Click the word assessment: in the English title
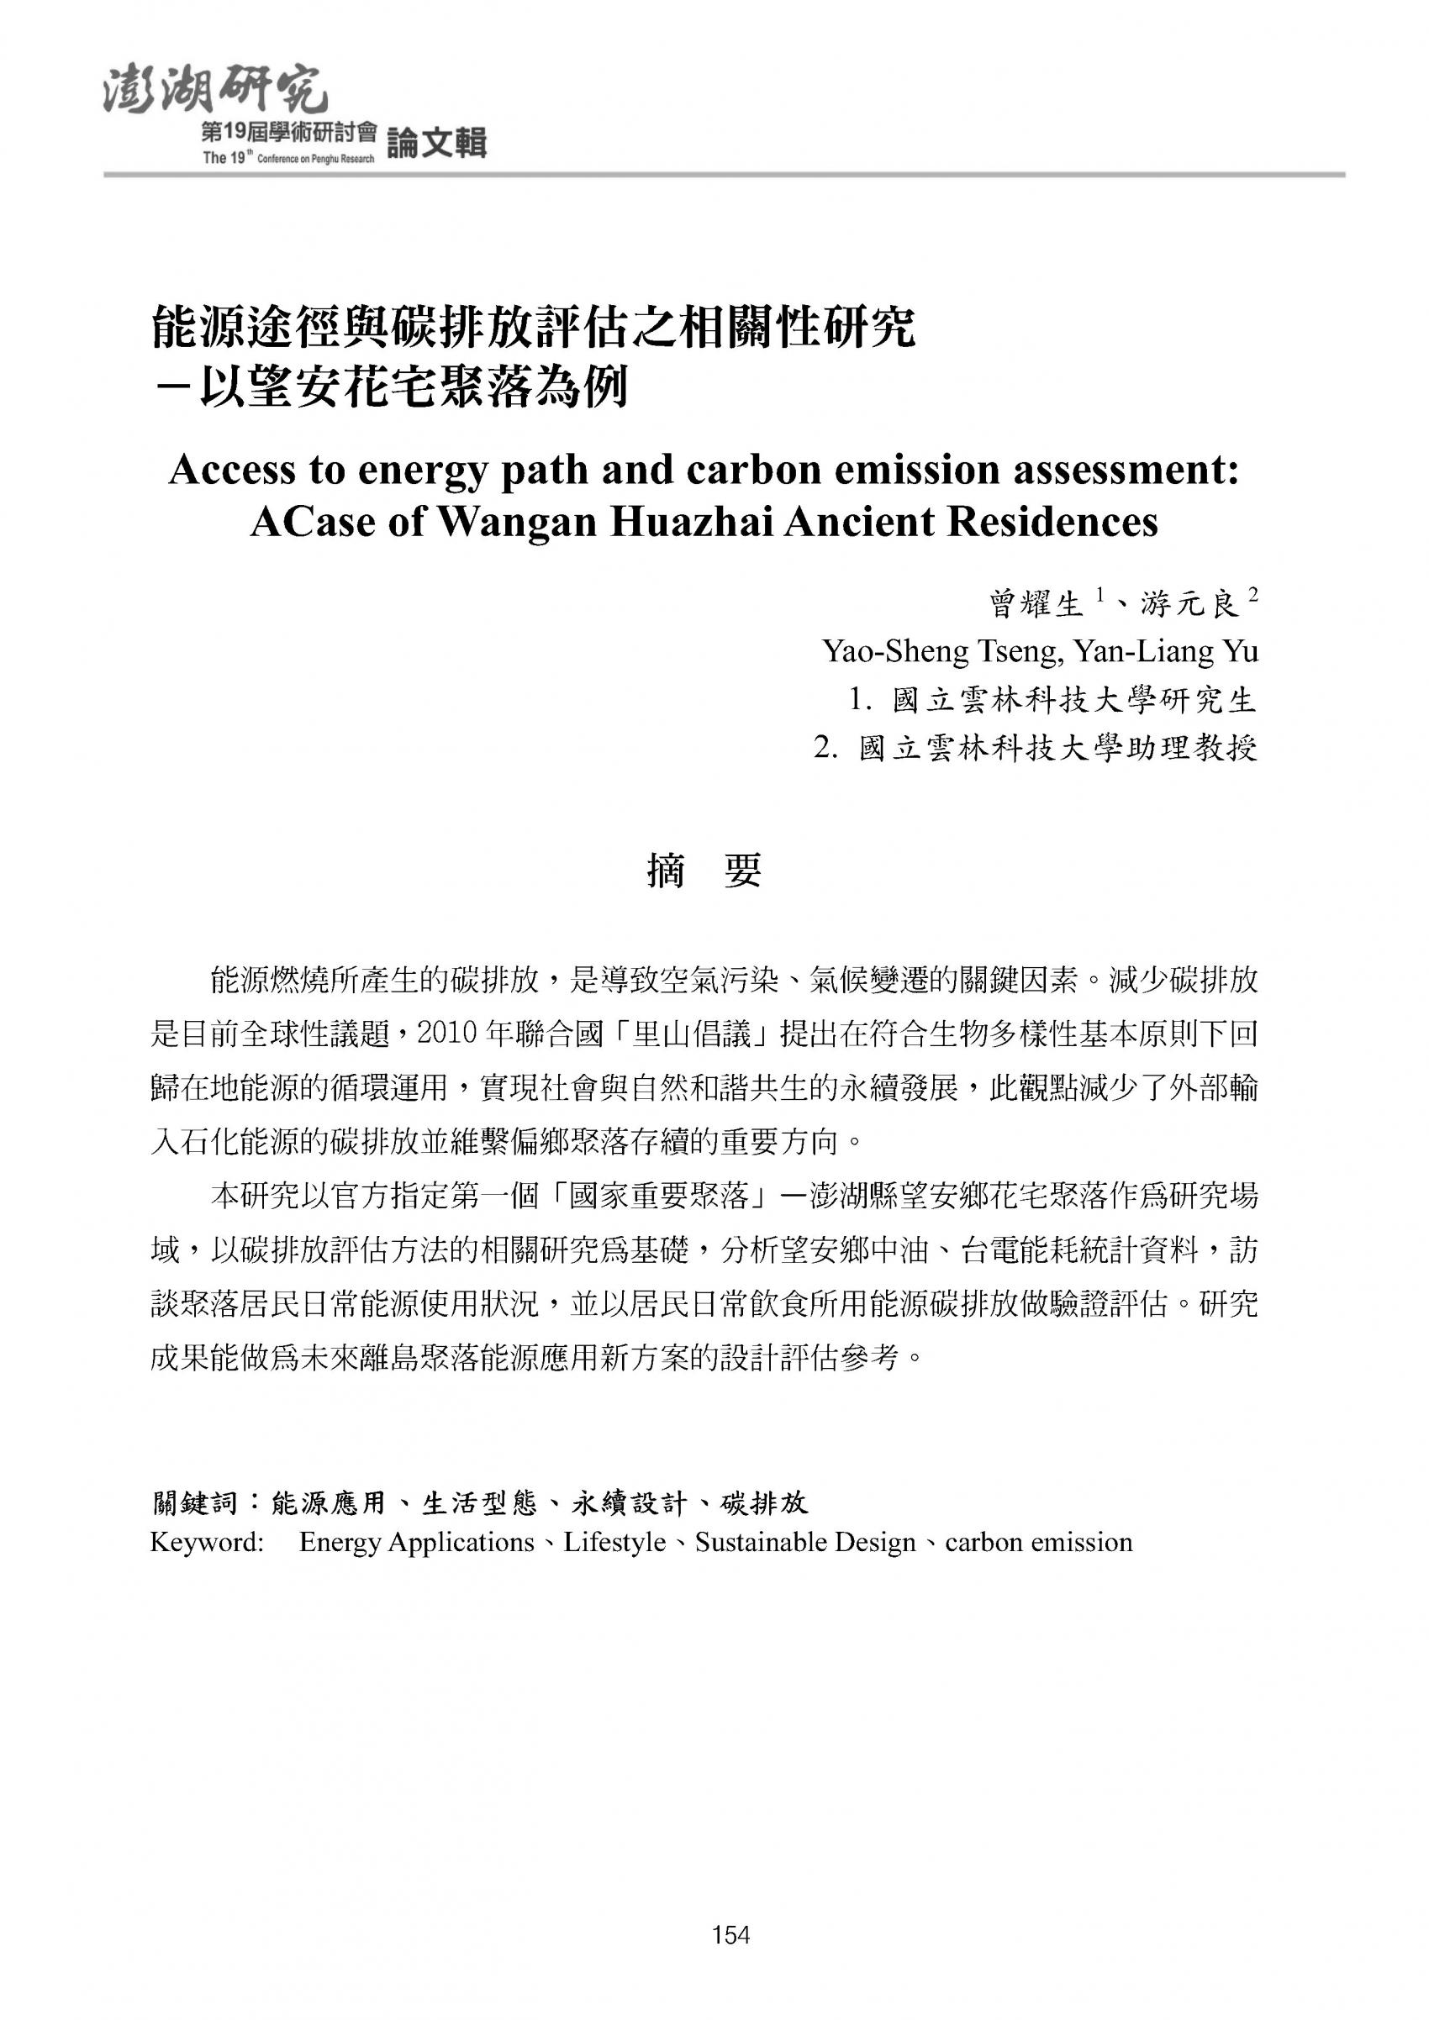click(1126, 470)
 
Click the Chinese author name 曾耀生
click(1035, 605)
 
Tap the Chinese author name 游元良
click(1189, 605)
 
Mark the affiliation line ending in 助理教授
click(1035, 749)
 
